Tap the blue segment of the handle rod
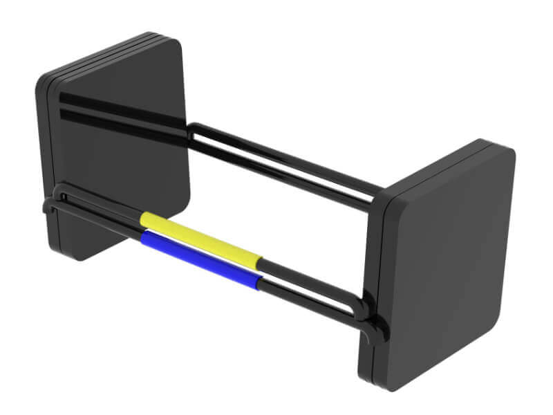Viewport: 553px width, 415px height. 200,258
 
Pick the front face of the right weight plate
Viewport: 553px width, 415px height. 449,263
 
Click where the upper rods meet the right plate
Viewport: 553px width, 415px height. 377,194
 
